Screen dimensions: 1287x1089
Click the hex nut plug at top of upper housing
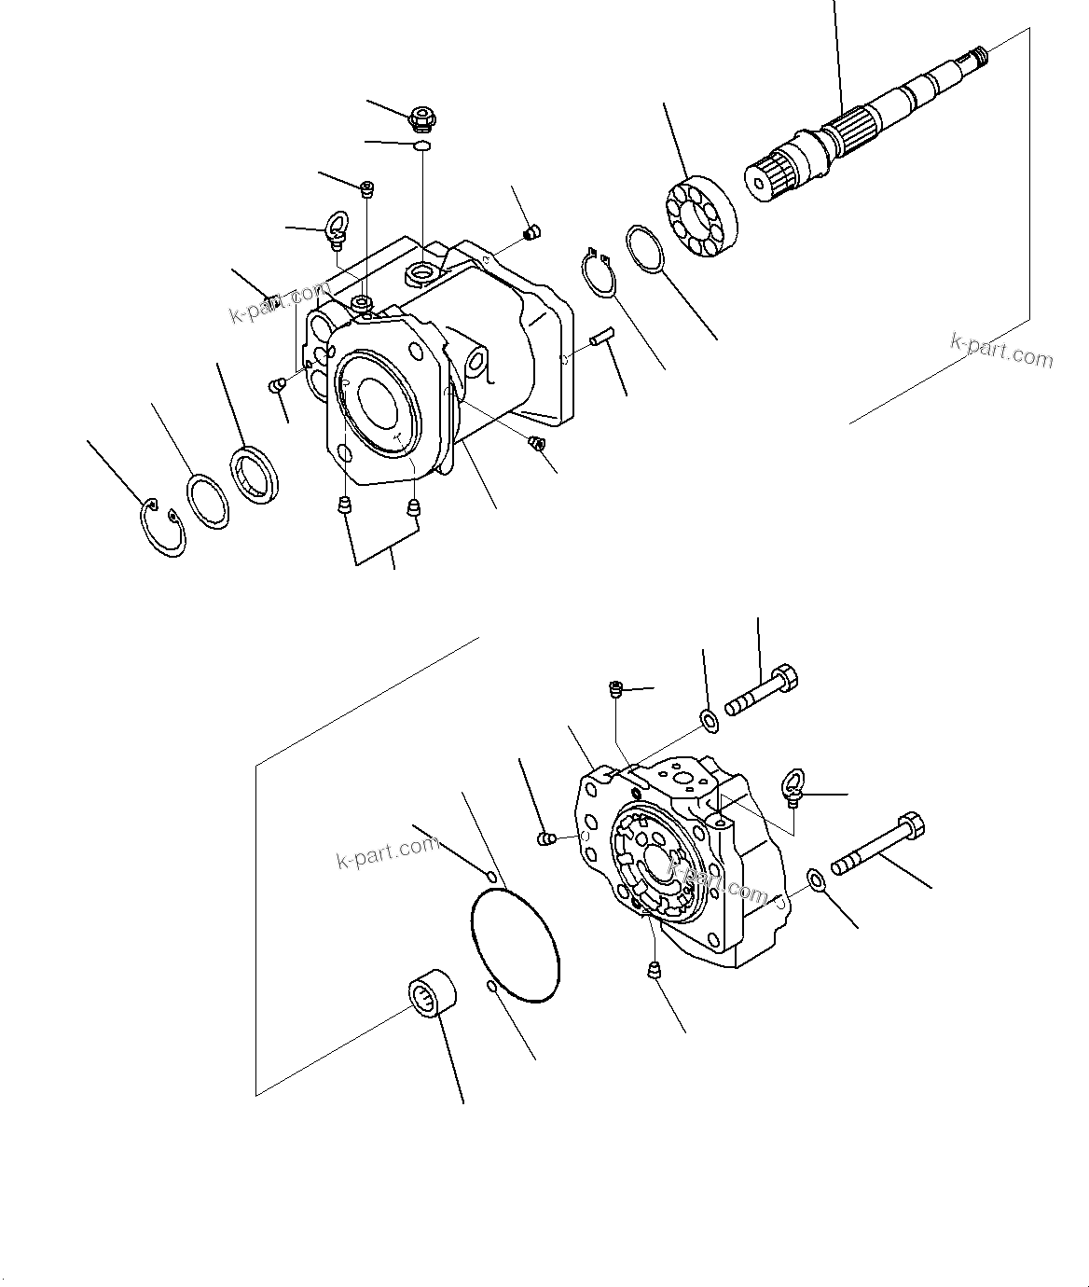point(423,118)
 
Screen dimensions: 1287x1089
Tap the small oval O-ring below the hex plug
point(421,145)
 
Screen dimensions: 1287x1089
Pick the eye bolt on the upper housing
point(336,228)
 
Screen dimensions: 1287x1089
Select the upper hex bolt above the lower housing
point(761,689)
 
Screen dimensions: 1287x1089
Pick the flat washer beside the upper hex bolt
point(709,719)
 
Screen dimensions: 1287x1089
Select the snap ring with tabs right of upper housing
point(599,274)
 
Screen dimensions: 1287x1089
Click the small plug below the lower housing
point(655,970)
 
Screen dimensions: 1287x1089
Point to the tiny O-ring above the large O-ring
point(491,874)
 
